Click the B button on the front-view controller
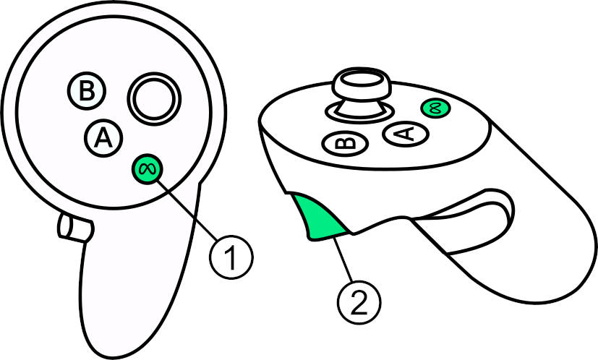(x=87, y=91)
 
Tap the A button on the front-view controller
(x=103, y=138)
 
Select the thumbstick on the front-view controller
(x=154, y=99)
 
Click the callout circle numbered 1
(x=231, y=257)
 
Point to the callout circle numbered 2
(x=359, y=302)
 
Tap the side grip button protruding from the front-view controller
(x=74, y=228)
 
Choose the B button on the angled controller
(x=345, y=144)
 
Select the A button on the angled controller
(x=406, y=134)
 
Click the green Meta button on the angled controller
(x=435, y=108)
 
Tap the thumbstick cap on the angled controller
(x=362, y=84)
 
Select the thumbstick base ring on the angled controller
(x=359, y=113)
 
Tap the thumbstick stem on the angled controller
(x=360, y=107)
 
